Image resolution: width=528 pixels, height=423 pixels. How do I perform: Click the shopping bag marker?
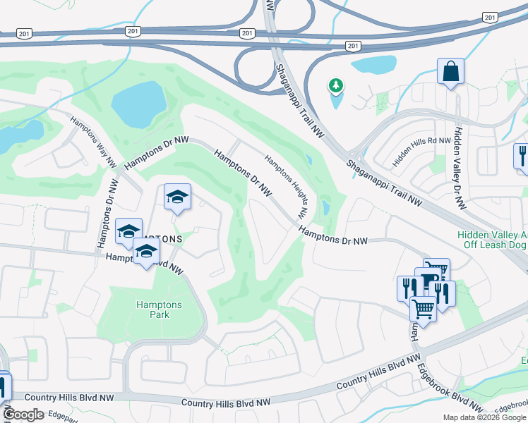(450, 72)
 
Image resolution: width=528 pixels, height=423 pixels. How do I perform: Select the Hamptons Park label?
(159, 309)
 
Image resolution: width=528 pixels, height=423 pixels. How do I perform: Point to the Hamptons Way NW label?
(93, 141)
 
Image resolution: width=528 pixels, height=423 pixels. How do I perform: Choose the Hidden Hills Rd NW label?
(421, 152)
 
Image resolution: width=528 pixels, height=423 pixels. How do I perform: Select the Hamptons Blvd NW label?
(144, 264)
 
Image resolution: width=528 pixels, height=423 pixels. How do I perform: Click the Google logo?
(23, 415)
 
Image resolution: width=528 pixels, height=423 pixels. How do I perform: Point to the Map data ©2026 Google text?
(484, 417)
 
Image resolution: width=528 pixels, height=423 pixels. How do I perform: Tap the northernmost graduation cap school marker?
(177, 197)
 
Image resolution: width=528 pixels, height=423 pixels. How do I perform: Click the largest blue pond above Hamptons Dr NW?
(138, 102)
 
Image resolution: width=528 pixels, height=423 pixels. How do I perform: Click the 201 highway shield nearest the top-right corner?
(488, 17)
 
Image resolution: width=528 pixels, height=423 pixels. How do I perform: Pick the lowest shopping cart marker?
(423, 307)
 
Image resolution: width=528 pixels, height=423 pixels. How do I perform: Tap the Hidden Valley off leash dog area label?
(492, 240)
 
